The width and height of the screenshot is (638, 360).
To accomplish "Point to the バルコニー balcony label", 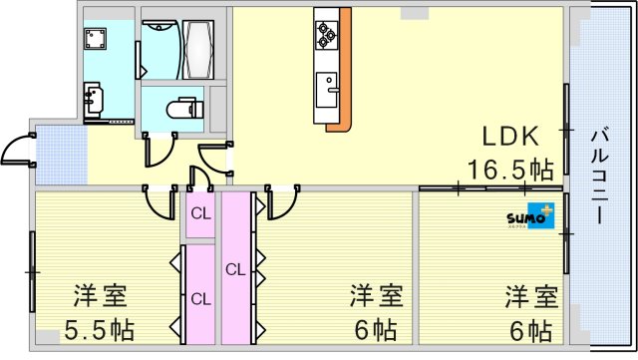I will pyautogui.click(x=600, y=174).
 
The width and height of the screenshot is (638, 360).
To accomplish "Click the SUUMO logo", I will pyautogui.click(x=529, y=216).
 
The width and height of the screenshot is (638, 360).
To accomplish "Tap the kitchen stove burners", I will pyautogui.click(x=326, y=35).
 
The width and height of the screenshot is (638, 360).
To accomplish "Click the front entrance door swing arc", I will pyautogui.click(x=16, y=151).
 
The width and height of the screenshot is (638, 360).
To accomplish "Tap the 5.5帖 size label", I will pyautogui.click(x=101, y=328).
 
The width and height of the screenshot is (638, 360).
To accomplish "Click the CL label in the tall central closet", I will pyautogui.click(x=235, y=268).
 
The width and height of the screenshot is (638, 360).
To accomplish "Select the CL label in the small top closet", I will pyautogui.click(x=200, y=212).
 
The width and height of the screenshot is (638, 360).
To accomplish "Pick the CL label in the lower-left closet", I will pyautogui.click(x=200, y=298).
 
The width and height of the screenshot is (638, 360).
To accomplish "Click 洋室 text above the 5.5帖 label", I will pyautogui.click(x=100, y=297).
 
